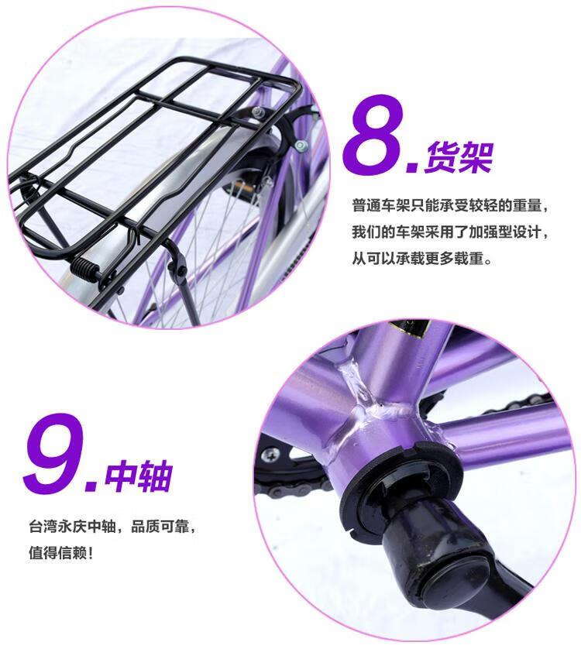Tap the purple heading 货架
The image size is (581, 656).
(x=459, y=157)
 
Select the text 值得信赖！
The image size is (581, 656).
(x=60, y=553)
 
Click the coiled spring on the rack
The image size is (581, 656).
(x=85, y=266)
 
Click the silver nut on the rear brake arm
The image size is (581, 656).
(x=301, y=145)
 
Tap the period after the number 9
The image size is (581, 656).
(x=92, y=486)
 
